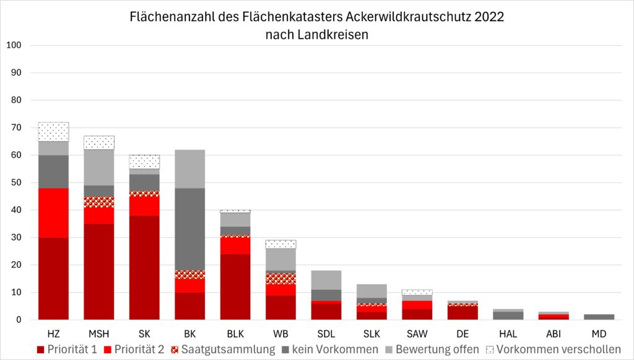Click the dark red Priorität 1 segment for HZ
53,278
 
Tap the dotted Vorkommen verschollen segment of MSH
99,143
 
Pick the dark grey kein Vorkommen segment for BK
189,229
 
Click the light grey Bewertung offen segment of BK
189,169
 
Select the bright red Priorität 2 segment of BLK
235,245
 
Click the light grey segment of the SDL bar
326,279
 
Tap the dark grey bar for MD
599,317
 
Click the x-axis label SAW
417,333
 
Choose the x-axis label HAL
508,333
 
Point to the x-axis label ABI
553,333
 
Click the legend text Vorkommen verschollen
558,349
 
